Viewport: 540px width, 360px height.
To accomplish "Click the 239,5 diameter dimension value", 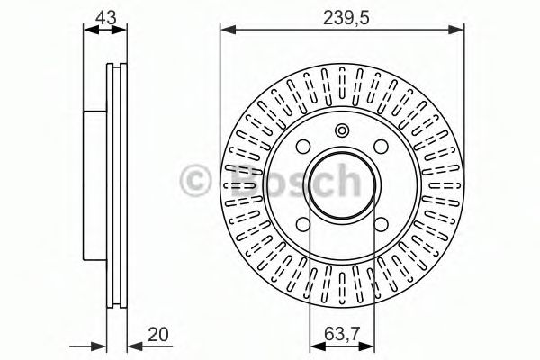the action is click(346, 18).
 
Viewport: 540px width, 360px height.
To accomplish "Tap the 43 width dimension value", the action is click(105, 17).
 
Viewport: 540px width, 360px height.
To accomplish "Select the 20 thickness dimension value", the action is click(158, 334).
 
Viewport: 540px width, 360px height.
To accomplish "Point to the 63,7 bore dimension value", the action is click(342, 334).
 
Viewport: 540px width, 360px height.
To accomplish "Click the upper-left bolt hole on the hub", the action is click(303, 147).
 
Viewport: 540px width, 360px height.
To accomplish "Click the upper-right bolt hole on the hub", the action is click(381, 147).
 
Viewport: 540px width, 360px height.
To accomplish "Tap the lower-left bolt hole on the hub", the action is click(303, 225).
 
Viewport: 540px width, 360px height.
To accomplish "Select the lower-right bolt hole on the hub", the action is click(381, 225).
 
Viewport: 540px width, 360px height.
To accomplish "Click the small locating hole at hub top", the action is click(342, 130).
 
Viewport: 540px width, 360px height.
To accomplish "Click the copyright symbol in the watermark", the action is click(195, 181).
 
